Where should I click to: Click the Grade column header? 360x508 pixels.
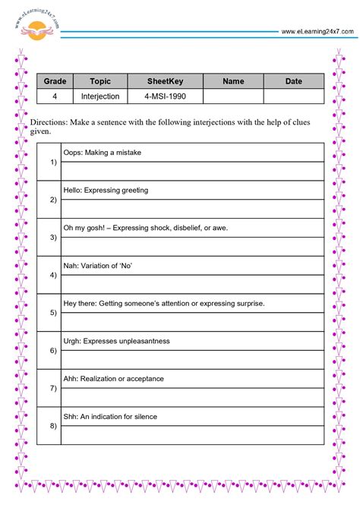55,81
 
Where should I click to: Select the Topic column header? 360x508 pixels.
100,81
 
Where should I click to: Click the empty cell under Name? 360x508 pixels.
233,96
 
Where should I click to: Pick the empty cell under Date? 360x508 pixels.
293,96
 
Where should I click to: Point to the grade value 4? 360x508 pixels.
55,96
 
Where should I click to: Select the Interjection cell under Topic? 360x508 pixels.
100,96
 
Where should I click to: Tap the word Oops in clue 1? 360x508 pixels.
73,153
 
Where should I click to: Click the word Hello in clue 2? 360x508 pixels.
74,190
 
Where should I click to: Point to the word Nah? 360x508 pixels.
71,266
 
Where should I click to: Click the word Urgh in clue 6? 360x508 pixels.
72,341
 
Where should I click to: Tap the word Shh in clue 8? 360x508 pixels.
71,416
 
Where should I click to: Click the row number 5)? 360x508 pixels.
52,313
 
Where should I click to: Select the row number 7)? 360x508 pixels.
52,388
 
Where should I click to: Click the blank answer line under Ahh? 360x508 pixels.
192,397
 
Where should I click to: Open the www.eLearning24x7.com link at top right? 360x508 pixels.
317,31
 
